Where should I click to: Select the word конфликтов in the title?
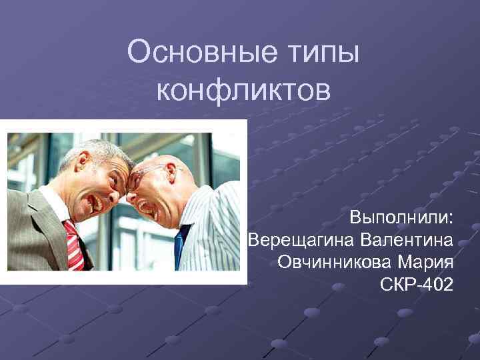[243, 89]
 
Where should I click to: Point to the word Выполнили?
[402, 217]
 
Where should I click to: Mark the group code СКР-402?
[416, 285]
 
